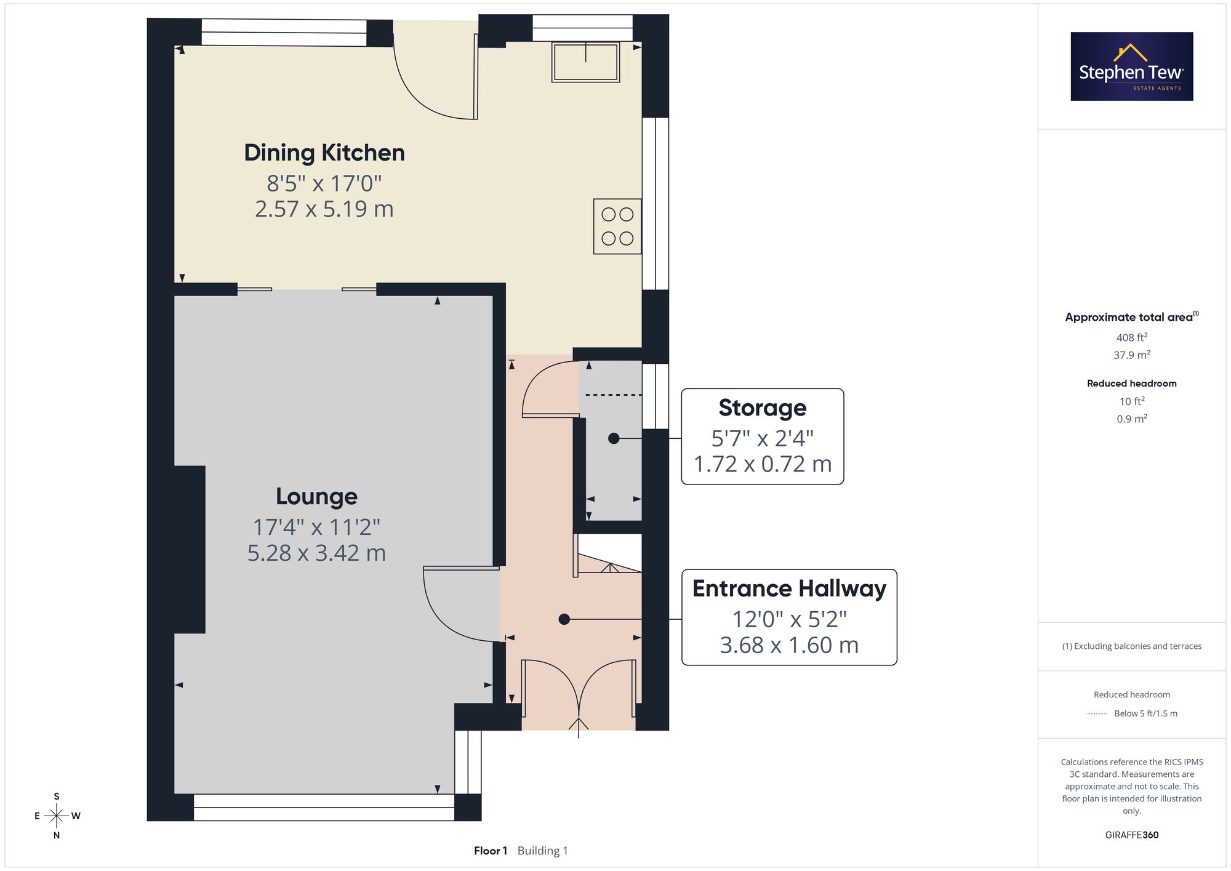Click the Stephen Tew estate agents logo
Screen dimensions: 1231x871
coord(1132,66)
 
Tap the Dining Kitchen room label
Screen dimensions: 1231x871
coord(324,153)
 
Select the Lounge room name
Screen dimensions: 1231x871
coord(316,496)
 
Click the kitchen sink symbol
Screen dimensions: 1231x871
coord(585,62)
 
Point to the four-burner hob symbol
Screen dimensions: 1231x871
coord(617,227)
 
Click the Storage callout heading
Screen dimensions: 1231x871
coord(762,407)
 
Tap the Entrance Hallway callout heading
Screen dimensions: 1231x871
coord(789,588)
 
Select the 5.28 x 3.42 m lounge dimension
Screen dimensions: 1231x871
coord(316,553)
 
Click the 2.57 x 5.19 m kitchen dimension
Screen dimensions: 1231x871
coord(324,209)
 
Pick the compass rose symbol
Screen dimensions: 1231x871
coord(57,816)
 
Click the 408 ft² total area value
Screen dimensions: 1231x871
coord(1132,337)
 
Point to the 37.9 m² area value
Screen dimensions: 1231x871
coord(1132,355)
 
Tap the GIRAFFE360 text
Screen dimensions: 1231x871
coord(1132,835)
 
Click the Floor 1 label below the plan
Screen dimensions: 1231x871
coord(491,851)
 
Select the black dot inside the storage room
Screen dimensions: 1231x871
coord(614,438)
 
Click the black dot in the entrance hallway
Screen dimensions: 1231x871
coord(564,619)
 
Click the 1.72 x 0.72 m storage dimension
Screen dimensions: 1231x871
coord(763,464)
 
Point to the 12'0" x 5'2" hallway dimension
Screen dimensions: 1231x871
coord(789,619)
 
